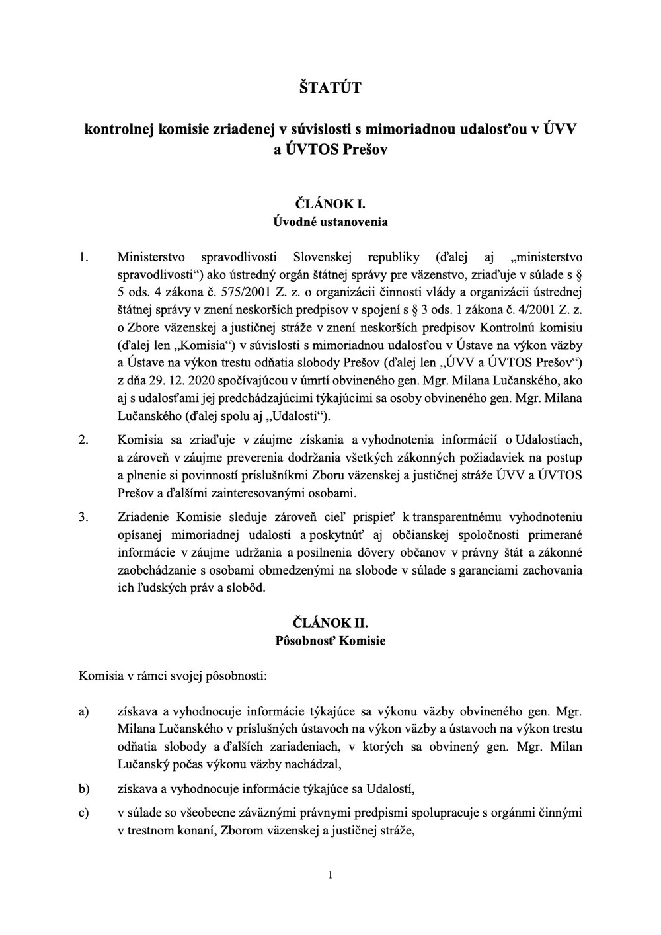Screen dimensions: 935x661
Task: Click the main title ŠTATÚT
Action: [330, 87]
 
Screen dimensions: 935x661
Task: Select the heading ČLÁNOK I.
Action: [330, 204]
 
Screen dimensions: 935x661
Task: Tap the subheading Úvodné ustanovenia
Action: [330, 222]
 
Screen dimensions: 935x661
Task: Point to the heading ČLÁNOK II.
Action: [330, 623]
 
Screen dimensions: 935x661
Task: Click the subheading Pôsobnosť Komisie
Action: [330, 641]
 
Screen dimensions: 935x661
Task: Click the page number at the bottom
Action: [330, 876]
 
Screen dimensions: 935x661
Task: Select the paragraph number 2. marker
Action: [83, 440]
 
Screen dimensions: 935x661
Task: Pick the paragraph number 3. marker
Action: [83, 517]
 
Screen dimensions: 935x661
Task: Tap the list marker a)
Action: [83, 712]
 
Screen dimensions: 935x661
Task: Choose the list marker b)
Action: [83, 789]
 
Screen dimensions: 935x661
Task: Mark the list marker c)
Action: [83, 813]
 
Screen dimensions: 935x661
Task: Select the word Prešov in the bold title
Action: [366, 149]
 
